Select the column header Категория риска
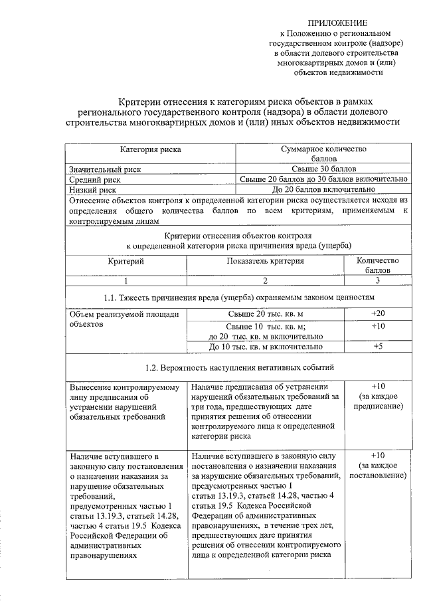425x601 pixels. (149, 150)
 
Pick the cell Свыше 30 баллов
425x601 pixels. (325, 169)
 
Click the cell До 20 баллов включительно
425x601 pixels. (325, 189)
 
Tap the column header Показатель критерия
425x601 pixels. (264, 261)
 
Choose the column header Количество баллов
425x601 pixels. (377, 266)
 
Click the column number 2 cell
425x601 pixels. (264, 281)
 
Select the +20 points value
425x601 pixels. (377, 313)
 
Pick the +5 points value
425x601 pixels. (377, 347)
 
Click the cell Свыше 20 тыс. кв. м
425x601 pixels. (265, 313)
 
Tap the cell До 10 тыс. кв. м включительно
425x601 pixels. (265, 347)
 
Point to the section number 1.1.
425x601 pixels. (111, 297)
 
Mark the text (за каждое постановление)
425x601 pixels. (377, 471)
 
